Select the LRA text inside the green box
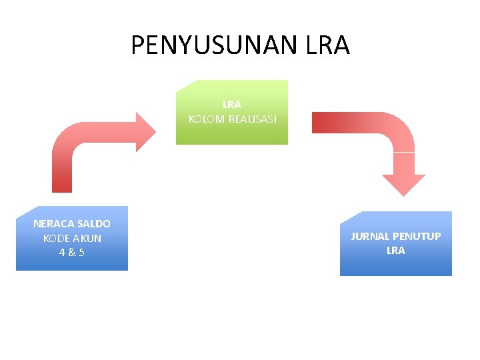(x=232, y=105)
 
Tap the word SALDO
(x=94, y=224)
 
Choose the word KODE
(x=57, y=238)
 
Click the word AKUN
(x=88, y=238)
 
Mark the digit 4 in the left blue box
(x=62, y=253)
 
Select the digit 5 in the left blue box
(x=81, y=253)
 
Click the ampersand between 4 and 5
(x=71, y=253)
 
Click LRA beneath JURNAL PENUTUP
(x=395, y=251)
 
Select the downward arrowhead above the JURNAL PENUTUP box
(x=403, y=184)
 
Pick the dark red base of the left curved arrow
(x=62, y=183)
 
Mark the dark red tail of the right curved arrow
(x=323, y=123)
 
